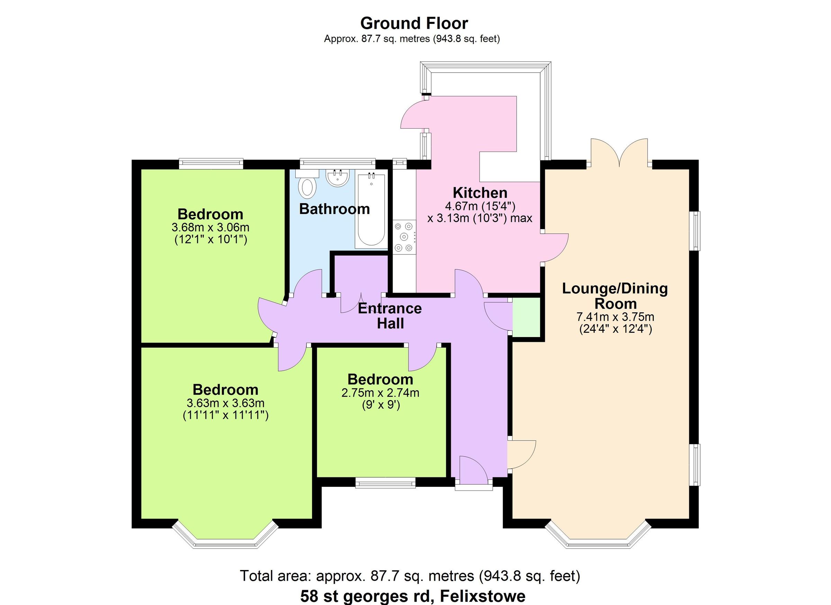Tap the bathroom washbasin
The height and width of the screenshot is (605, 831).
[338, 178]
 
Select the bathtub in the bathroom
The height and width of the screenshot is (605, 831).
[371, 211]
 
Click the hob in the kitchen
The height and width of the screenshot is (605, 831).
[404, 237]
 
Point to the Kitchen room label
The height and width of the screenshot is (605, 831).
[480, 193]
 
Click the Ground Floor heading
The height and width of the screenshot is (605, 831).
[414, 24]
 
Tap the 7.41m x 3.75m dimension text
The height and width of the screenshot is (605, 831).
[615, 317]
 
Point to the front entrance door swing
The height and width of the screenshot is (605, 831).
[473, 470]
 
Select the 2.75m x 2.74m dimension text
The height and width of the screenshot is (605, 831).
[380, 393]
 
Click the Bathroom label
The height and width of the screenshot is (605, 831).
[334, 209]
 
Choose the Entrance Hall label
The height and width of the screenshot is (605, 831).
[390, 316]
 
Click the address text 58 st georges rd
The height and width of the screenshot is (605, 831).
[413, 596]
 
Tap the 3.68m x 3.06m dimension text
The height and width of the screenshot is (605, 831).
[210, 227]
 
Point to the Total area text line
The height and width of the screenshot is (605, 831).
[410, 576]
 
